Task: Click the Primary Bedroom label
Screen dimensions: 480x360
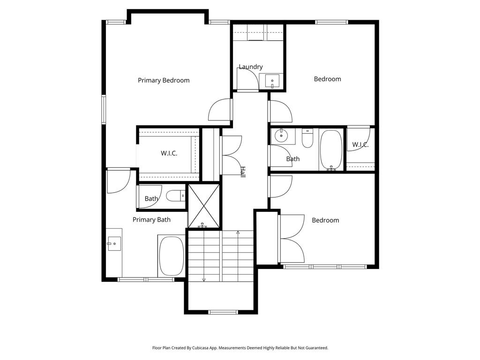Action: [164, 80]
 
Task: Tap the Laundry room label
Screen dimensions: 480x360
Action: [251, 67]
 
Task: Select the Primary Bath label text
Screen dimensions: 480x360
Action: [151, 219]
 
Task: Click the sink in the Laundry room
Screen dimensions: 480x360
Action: [272, 81]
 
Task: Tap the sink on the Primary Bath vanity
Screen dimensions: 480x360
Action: [114, 244]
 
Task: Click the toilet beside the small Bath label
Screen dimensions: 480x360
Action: [176, 195]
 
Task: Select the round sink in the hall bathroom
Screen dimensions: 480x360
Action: [281, 135]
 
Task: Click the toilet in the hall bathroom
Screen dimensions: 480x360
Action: [307, 138]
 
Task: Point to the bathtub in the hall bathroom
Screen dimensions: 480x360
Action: [331, 150]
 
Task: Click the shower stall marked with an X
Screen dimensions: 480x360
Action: [204, 206]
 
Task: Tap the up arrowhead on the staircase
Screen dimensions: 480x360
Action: [238, 232]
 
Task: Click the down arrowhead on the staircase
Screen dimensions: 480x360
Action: [204, 279]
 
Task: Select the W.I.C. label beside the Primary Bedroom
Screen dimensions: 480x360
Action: [169, 153]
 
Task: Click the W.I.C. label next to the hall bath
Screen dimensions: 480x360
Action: [360, 144]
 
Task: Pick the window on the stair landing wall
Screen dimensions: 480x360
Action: [223, 312]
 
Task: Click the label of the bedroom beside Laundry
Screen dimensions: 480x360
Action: [328, 79]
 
